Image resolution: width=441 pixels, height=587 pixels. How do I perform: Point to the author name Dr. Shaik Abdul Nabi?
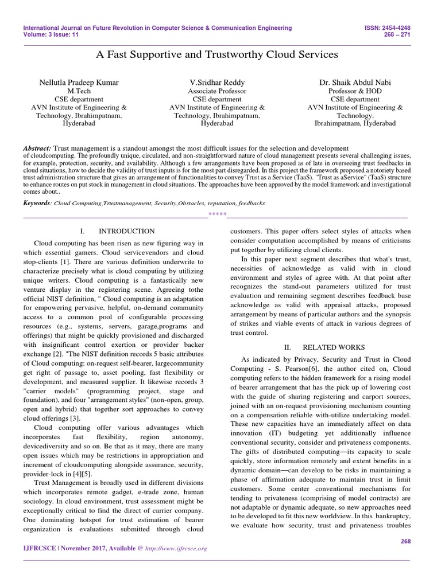coord(355,83)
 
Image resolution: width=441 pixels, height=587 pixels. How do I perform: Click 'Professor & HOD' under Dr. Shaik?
coord(355,91)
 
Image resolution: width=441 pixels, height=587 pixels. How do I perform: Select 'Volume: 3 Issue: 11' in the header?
coord(51,34)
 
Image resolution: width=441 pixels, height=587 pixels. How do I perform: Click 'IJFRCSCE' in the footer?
coord(39,549)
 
